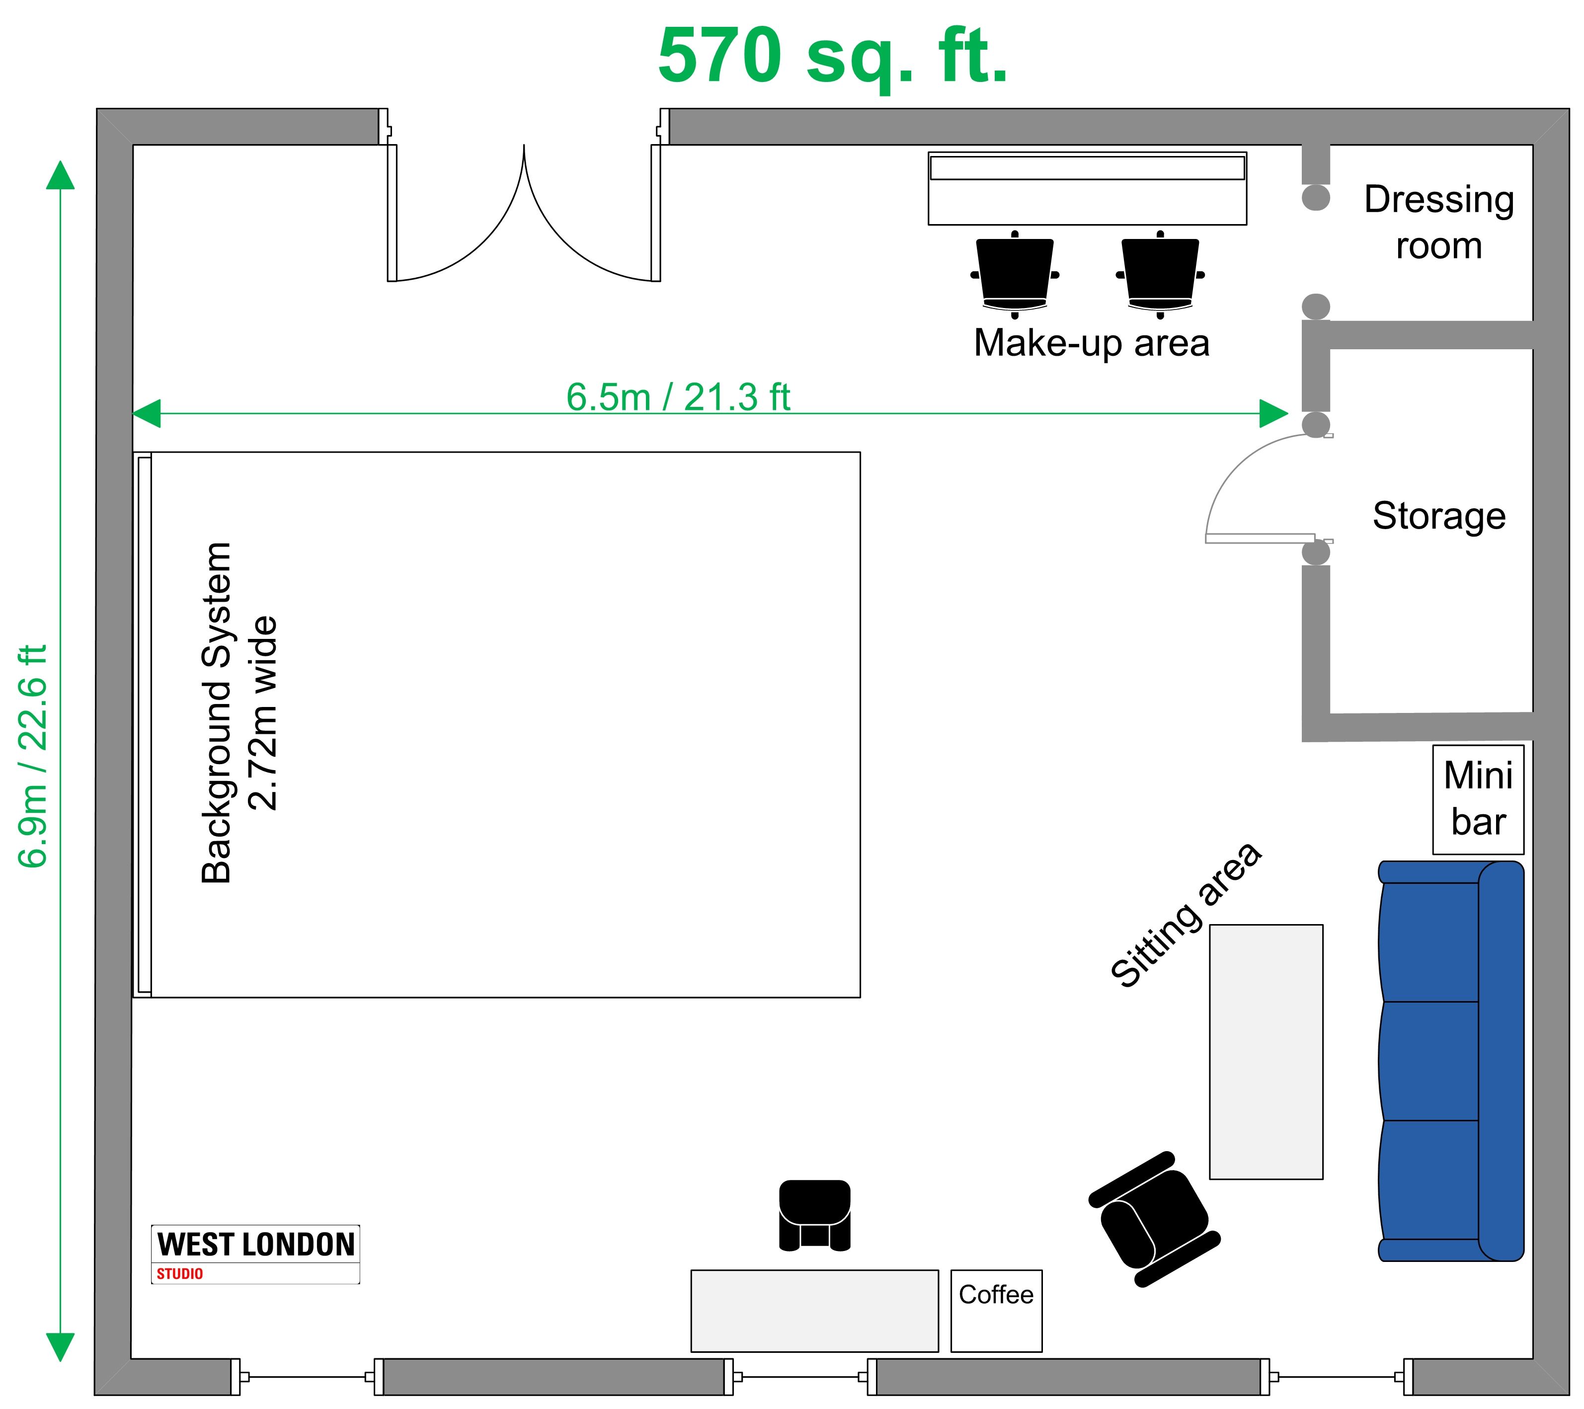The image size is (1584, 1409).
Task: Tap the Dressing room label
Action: [1439, 223]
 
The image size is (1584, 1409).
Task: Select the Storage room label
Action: [1439, 516]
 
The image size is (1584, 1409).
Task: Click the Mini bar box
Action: [1478, 799]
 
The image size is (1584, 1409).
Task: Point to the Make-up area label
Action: [1091, 343]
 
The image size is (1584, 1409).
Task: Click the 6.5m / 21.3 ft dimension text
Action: [678, 397]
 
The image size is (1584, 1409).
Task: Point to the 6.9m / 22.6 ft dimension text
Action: [33, 756]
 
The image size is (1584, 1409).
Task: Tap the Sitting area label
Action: [1186, 915]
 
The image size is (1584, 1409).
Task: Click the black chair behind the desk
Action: [814, 1214]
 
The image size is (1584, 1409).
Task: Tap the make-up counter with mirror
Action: [1087, 188]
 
